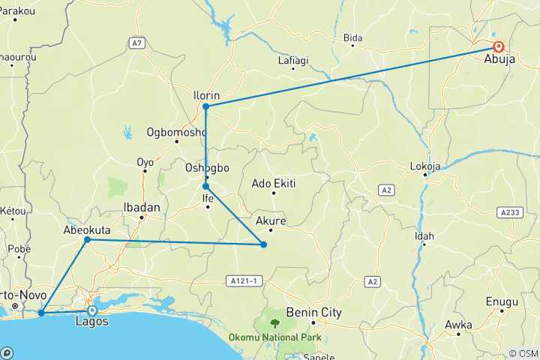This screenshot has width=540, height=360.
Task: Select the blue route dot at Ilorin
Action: [205, 106]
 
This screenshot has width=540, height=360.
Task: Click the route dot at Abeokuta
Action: [88, 240]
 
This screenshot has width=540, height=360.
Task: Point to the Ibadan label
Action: [142, 206]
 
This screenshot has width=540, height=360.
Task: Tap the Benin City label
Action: [321, 312]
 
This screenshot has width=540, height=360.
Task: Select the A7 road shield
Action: [136, 43]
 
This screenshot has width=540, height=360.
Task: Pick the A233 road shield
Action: [510, 213]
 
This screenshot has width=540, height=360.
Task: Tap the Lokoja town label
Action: [425, 166]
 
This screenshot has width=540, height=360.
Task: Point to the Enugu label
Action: [503, 301]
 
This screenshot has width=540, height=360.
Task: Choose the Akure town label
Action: [271, 221]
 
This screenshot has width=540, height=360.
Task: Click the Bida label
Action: [352, 37]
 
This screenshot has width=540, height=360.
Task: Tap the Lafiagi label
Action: [294, 60]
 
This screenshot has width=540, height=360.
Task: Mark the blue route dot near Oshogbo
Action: [205, 186]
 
